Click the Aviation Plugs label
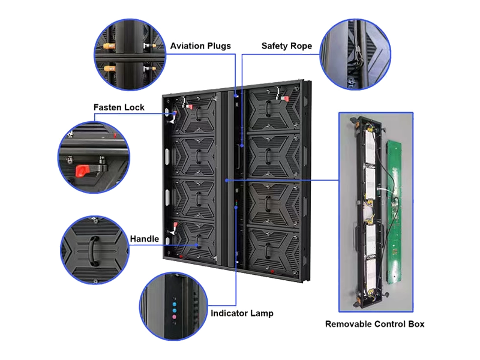pyautogui.click(x=200, y=46)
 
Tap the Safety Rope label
pyautogui.click(x=286, y=46)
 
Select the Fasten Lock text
pyautogui.click(x=118, y=107)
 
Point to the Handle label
pyautogui.click(x=145, y=239)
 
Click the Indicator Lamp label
pyautogui.click(x=242, y=313)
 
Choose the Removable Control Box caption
pyautogui.click(x=375, y=325)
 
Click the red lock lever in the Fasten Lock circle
pyautogui.click(x=82, y=169)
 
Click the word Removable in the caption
pyautogui.click(x=349, y=325)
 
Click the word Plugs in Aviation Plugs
pyautogui.click(x=217, y=46)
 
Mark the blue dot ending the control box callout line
pyautogui.click(x=227, y=179)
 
